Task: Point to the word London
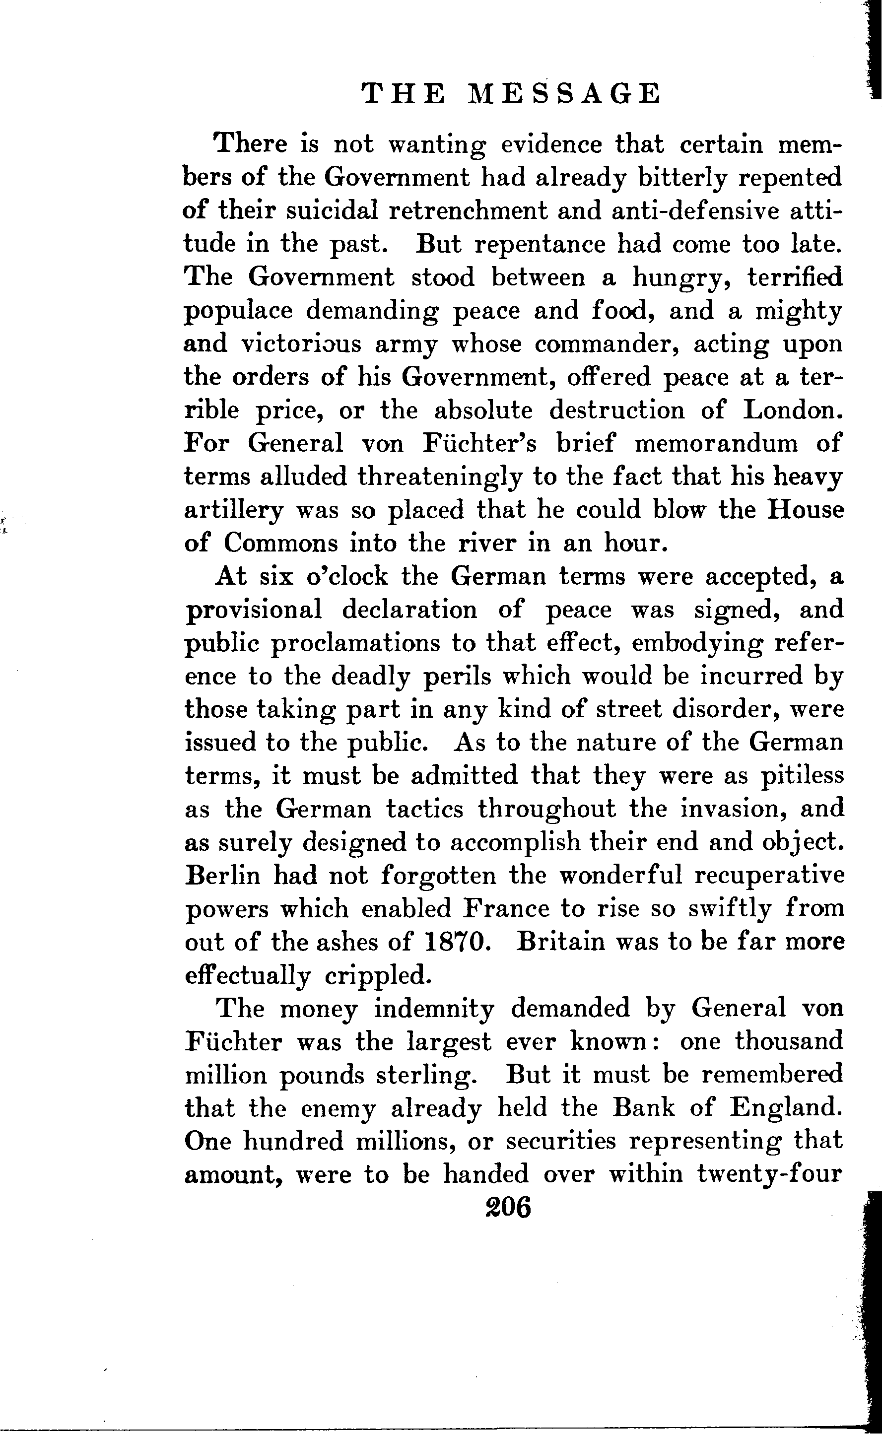coord(793,410)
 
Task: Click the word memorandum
coord(716,443)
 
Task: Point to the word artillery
coord(234,511)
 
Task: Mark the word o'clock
coord(346,576)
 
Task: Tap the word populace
coord(239,311)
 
